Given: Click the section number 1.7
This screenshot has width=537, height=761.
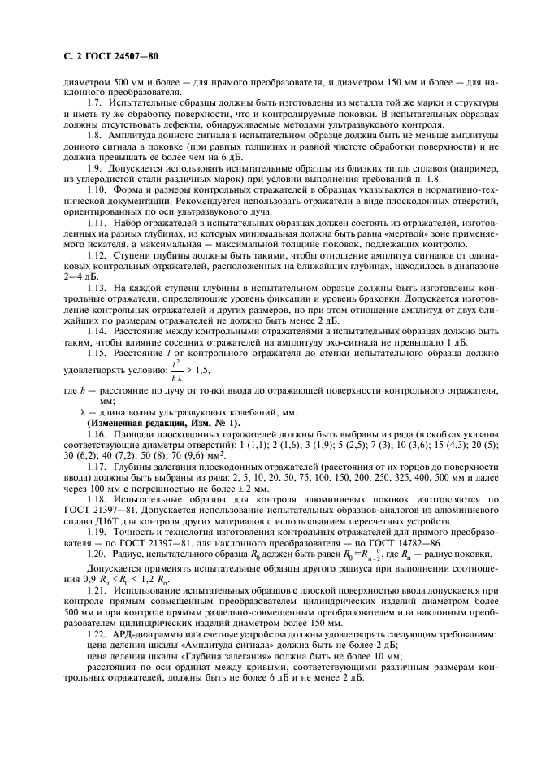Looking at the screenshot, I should [x=95, y=106].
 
